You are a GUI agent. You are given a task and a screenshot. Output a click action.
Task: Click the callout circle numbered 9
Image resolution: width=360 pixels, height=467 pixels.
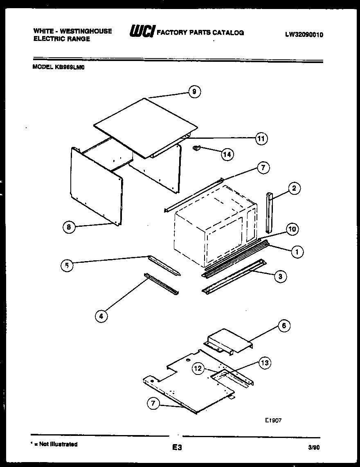point(194,92)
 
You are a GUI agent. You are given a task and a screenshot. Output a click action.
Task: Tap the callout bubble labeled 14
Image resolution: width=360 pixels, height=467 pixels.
point(227,154)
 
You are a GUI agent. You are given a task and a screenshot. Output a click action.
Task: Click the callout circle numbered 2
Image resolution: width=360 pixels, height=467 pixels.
point(294,189)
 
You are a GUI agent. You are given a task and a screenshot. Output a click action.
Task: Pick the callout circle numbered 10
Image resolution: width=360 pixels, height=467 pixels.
point(292,229)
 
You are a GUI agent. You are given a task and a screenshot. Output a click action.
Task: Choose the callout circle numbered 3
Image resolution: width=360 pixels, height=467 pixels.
point(280,277)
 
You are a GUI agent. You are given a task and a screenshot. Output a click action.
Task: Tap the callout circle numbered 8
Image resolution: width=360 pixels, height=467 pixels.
point(70,227)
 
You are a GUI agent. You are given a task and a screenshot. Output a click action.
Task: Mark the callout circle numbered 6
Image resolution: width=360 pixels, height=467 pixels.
point(284,326)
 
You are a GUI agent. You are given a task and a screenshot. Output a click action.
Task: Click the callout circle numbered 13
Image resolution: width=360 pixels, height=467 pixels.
point(265,363)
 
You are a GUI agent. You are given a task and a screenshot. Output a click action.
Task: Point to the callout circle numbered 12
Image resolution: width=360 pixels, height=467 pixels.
point(198,369)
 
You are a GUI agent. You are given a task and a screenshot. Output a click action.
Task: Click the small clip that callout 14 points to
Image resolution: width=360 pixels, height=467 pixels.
point(196,148)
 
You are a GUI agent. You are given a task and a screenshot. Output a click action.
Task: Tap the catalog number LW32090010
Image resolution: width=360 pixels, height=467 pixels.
point(304,35)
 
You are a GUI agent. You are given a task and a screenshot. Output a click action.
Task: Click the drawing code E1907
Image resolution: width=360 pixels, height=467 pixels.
point(272,420)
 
